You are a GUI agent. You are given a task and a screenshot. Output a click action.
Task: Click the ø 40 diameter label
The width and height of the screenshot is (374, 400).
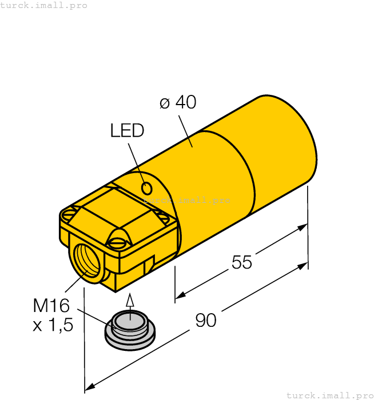[x=177, y=102]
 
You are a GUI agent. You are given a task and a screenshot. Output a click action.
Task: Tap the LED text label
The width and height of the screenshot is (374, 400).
[x=127, y=131]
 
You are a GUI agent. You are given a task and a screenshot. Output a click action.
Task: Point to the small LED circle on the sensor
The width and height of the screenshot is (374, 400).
[x=146, y=187]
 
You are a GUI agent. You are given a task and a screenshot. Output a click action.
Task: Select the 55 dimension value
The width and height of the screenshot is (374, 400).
[x=241, y=262]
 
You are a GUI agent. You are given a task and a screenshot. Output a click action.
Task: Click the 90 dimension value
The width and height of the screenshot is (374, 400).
[x=206, y=321]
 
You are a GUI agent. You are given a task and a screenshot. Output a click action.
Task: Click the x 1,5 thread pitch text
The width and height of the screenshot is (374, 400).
[x=53, y=325]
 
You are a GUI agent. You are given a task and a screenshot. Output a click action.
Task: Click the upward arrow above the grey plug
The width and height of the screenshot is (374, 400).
[x=130, y=301]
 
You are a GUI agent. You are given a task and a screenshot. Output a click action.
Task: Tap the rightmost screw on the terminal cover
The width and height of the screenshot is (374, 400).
[x=164, y=218]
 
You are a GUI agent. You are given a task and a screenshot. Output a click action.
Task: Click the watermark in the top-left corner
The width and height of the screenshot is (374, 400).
[x=44, y=5]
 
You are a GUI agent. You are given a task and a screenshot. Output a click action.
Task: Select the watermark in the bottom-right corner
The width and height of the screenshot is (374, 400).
[x=329, y=395]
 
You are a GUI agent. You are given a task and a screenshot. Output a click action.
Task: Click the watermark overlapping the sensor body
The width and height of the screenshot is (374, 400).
[x=186, y=200]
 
